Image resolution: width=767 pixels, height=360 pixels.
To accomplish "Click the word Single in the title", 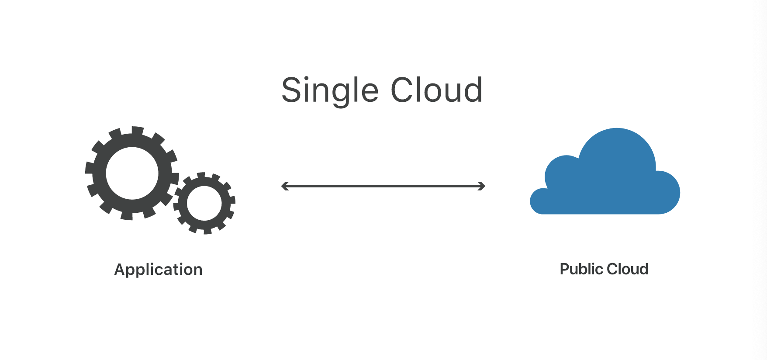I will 330,90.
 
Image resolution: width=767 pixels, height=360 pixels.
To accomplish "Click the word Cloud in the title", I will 436,90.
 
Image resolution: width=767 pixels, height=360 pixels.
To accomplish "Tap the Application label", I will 158,270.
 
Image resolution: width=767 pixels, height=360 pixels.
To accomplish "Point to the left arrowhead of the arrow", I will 284,186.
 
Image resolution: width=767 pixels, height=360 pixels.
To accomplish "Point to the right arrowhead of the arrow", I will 482,186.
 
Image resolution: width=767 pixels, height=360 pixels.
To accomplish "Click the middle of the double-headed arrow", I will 383,186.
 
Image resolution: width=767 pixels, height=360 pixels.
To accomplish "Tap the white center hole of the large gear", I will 132,173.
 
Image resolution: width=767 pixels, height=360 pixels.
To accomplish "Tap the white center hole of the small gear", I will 204,203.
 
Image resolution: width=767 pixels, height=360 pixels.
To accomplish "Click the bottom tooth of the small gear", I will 207,231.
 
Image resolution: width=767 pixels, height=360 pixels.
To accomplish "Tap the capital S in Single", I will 292,90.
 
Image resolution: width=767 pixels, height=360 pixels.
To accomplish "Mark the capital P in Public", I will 564,269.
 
